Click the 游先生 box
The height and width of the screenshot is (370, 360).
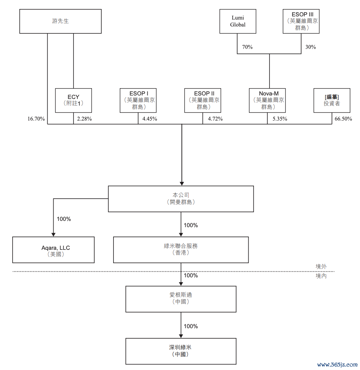click(60, 21)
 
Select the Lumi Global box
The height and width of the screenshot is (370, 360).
click(238, 21)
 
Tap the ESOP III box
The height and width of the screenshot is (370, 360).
click(301, 21)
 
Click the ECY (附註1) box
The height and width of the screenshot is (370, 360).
click(73, 100)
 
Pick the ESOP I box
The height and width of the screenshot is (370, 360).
click(138, 100)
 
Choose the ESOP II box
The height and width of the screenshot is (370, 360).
click(203, 100)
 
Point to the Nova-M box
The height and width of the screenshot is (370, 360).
click(267, 100)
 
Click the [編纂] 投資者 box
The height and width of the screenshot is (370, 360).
click(332, 100)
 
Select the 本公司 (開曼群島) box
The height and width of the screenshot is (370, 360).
click(181, 199)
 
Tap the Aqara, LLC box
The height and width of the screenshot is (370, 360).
click(53, 250)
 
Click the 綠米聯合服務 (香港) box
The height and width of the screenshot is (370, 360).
click(181, 250)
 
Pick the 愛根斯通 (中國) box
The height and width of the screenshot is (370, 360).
click(181, 299)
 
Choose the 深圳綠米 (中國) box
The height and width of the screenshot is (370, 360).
click(181, 351)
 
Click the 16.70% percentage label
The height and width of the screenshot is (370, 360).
click(36, 119)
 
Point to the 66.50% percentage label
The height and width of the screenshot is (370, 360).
click(343, 119)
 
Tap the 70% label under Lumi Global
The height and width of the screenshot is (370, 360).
click(247, 47)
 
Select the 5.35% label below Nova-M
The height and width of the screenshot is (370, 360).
click(280, 119)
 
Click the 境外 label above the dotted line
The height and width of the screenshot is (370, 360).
click(321, 267)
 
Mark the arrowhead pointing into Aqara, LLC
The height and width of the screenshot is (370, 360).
click(53, 234)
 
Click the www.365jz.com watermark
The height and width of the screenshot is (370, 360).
click(337, 364)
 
